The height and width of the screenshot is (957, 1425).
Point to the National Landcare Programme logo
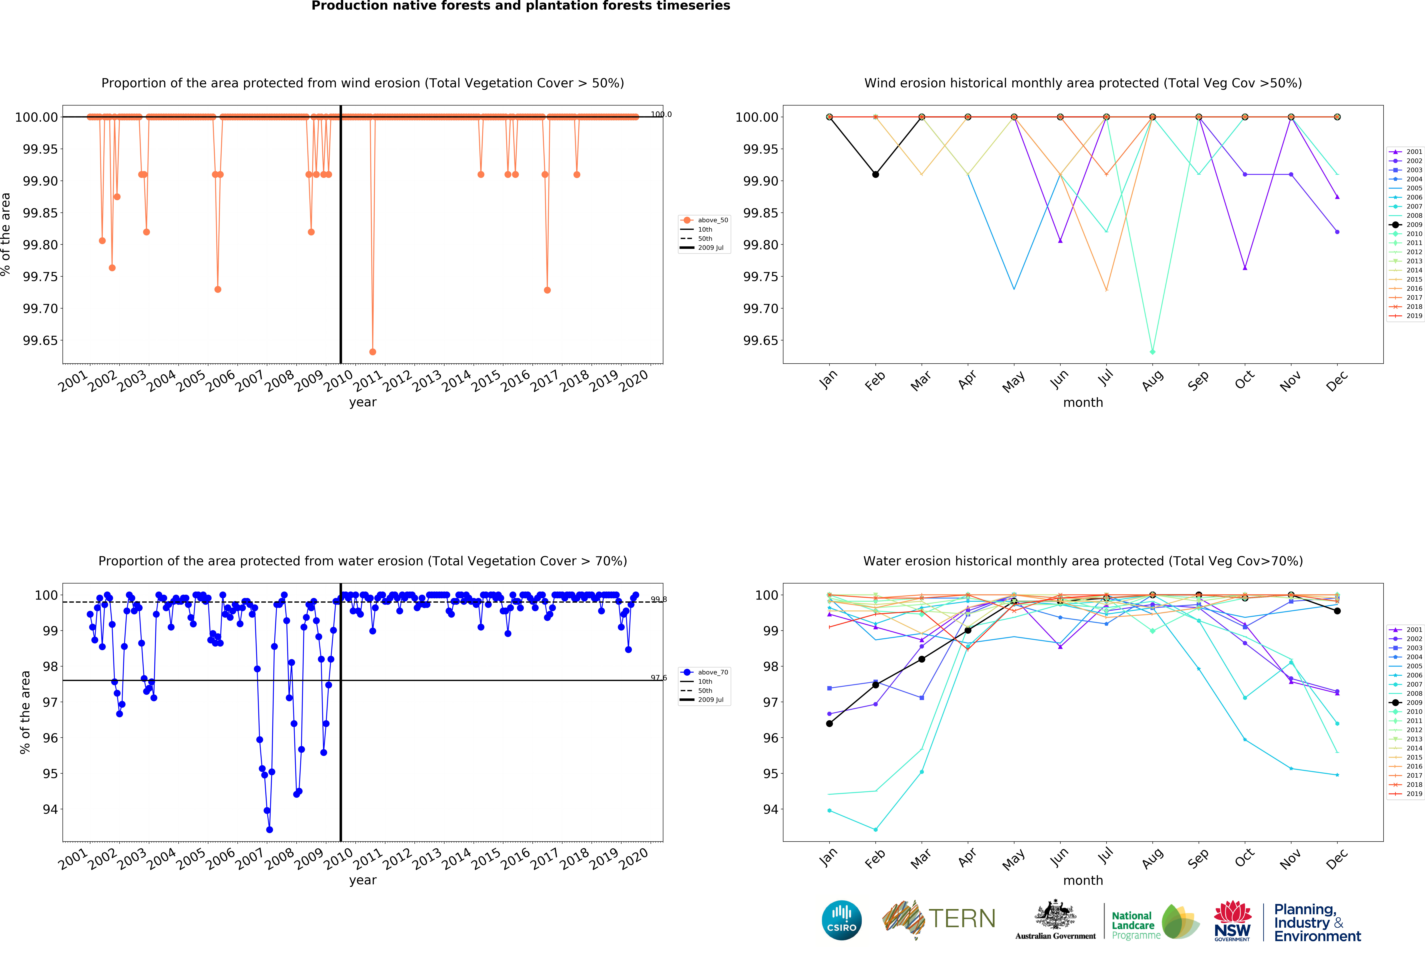click(x=1154, y=922)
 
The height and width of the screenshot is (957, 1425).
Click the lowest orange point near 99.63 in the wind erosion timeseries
click(x=372, y=352)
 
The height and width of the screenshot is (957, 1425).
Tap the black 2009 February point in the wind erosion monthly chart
click(x=875, y=175)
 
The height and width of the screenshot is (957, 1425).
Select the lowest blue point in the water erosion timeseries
click(x=269, y=830)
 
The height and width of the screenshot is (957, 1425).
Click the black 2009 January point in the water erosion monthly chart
click(x=829, y=724)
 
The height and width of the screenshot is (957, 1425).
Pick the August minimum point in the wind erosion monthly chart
click(x=1152, y=352)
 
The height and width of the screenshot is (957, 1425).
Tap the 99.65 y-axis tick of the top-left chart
click(x=40, y=341)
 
